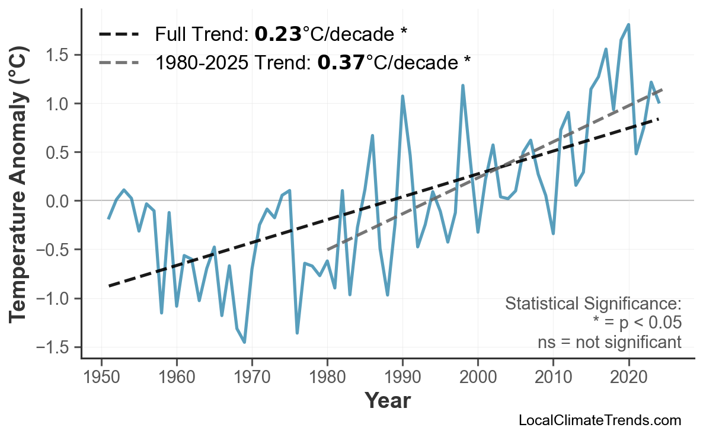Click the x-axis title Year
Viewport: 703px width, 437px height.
(386, 401)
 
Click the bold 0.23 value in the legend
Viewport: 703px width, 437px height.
(278, 34)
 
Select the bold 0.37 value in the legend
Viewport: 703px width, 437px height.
(341, 62)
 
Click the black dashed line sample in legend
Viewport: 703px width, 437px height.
(119, 34)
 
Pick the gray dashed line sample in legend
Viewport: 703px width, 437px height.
(119, 62)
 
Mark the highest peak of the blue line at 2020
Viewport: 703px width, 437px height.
(628, 25)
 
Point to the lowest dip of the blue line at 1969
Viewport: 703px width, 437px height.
(244, 342)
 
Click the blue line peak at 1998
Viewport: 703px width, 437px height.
(462, 86)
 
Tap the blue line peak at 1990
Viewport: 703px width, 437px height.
(402, 96)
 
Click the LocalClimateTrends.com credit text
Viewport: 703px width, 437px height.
(599, 420)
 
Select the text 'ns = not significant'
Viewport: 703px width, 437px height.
(609, 342)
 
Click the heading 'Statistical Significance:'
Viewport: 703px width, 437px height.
(593, 304)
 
